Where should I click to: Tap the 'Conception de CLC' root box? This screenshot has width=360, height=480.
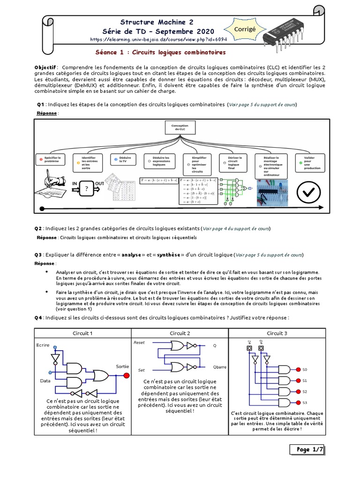pyautogui.click(x=180, y=128)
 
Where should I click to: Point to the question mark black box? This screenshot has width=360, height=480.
pyautogui.click(x=86, y=189)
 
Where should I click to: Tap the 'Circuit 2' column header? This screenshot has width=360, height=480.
pyautogui.click(x=180, y=333)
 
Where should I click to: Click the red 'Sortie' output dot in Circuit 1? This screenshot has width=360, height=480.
pyautogui.click(x=126, y=375)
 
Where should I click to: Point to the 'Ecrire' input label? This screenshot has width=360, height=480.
pyautogui.click(x=43, y=345)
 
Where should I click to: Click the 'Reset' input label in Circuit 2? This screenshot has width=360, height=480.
pyautogui.click(x=139, y=343)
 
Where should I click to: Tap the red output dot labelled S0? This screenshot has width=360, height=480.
pyautogui.click(x=297, y=369)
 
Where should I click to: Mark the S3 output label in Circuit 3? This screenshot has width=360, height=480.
pyautogui.click(x=305, y=403)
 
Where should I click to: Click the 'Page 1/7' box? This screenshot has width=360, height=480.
pyautogui.click(x=307, y=450)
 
